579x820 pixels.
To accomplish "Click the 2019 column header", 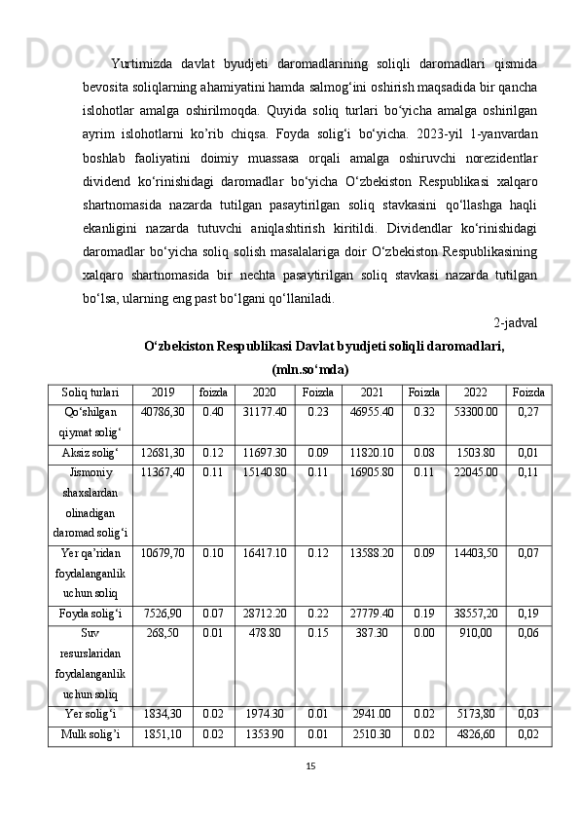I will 163,392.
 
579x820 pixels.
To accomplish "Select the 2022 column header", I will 475,392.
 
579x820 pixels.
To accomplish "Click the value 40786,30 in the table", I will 163,412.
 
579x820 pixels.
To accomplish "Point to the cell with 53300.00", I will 475,412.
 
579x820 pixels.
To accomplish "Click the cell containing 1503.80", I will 475,453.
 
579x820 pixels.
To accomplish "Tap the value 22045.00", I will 475,473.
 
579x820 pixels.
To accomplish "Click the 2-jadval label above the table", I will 517,322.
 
